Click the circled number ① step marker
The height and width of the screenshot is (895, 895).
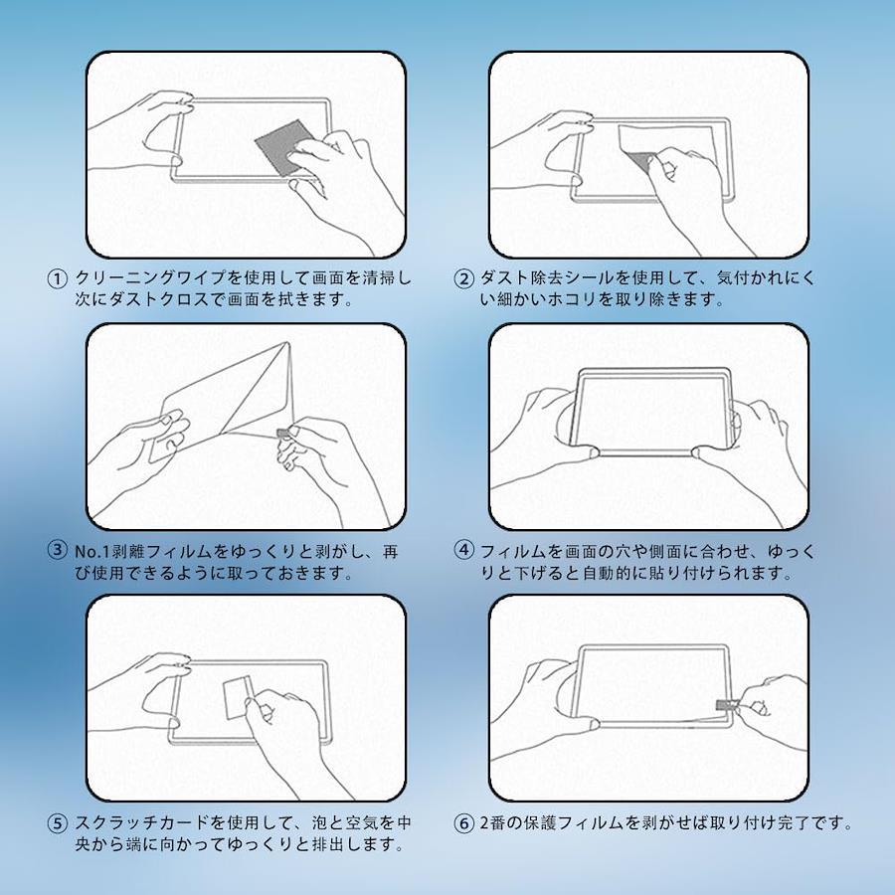coord(57,279)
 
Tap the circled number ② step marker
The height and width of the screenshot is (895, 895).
coord(463,279)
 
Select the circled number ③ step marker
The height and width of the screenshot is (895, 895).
coord(57,551)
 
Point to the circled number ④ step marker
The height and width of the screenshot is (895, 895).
coord(463,551)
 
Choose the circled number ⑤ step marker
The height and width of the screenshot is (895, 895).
coord(57,823)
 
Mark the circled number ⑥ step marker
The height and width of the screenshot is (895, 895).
coord(463,823)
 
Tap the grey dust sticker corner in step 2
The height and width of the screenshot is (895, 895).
coord(643,160)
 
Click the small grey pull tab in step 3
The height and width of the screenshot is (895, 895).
coord(283,434)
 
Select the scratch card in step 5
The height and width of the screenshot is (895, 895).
coord(237,696)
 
